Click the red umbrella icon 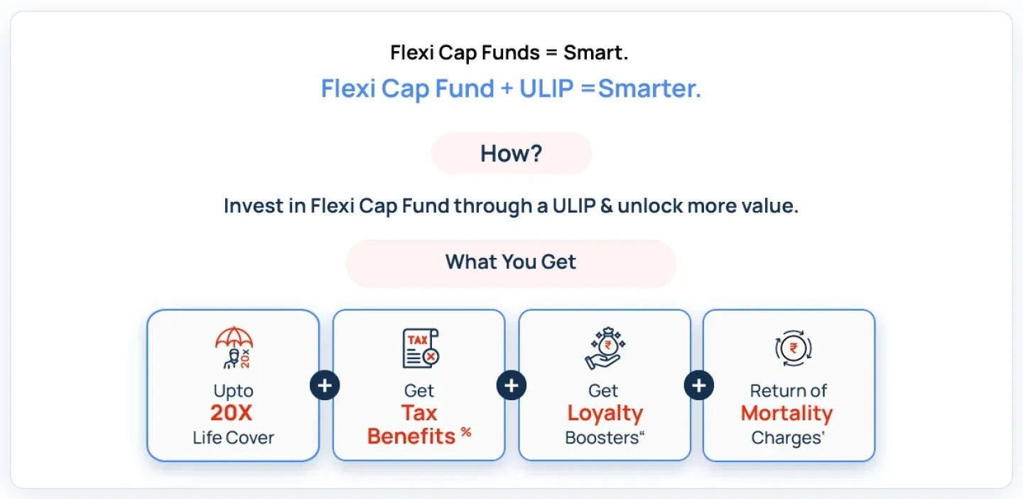pyautogui.click(x=234, y=340)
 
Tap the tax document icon pyautogui.click(x=420, y=348)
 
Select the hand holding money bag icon pyautogui.click(x=604, y=348)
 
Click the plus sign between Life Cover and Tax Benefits pyautogui.click(x=325, y=385)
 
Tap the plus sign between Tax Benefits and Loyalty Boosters pyautogui.click(x=511, y=385)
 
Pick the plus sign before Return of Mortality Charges pyautogui.click(x=699, y=385)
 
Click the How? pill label pyautogui.click(x=511, y=154)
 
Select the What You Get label pyautogui.click(x=511, y=262)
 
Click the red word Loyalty pyautogui.click(x=605, y=413)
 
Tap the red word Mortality pyautogui.click(x=786, y=413)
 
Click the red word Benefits pyautogui.click(x=411, y=436)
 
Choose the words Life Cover pyautogui.click(x=233, y=438)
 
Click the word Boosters pyautogui.click(x=601, y=438)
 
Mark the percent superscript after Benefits pyautogui.click(x=466, y=431)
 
